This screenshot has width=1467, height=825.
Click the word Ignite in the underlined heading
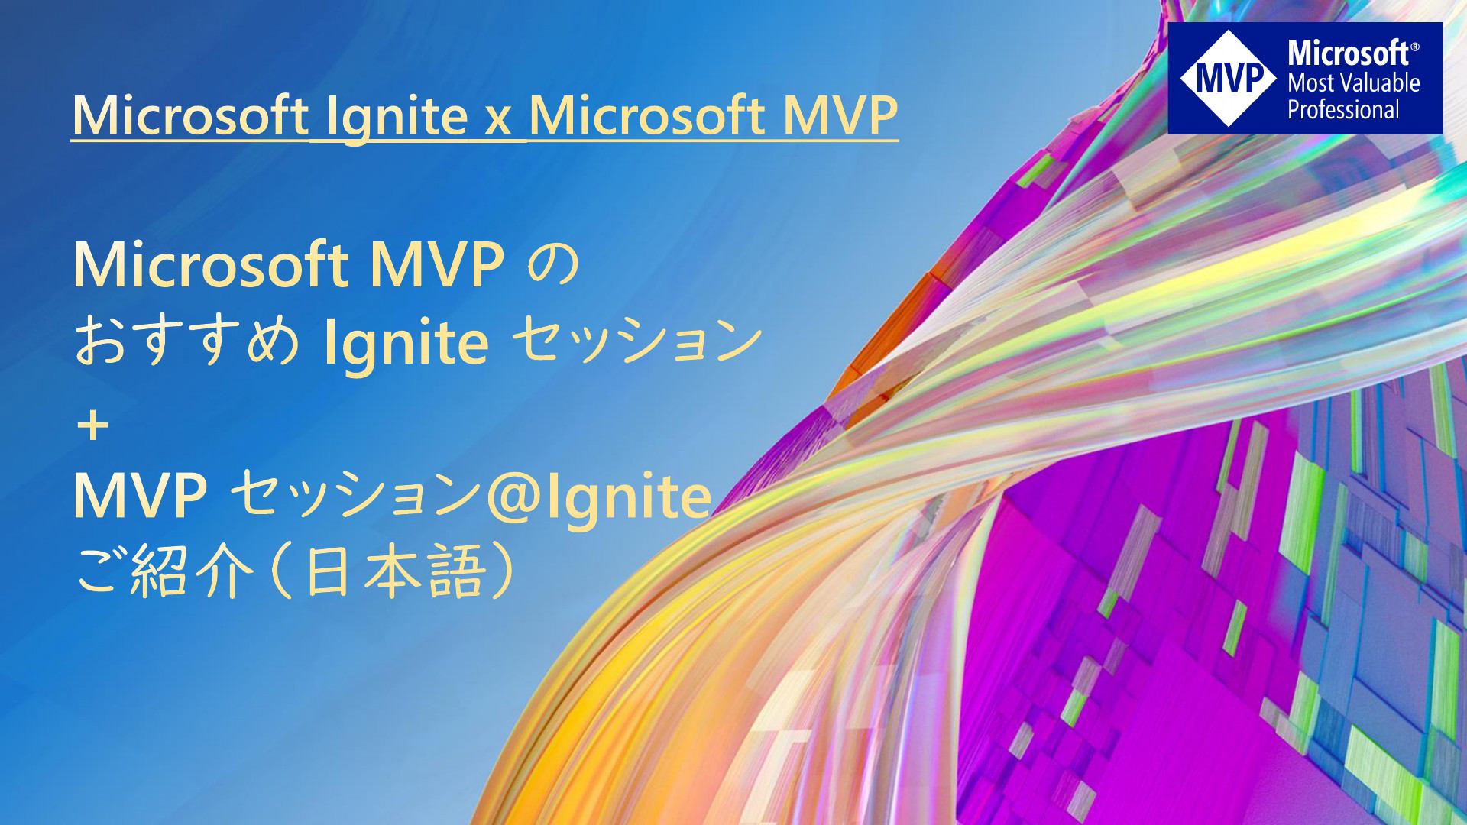click(397, 118)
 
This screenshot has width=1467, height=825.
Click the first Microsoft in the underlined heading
click(190, 116)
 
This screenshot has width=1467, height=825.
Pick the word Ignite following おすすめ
click(406, 344)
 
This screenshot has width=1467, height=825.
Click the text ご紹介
click(164, 572)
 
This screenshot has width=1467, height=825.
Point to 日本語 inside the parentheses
click(394, 571)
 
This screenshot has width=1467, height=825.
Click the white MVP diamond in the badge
click(1228, 78)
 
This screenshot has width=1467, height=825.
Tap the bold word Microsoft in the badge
click(1349, 53)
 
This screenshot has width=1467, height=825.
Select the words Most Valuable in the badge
click(1353, 82)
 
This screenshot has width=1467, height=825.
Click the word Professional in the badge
click(1343, 109)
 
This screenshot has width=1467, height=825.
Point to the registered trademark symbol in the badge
click(1415, 46)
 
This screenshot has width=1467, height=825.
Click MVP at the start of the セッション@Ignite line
click(141, 497)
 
